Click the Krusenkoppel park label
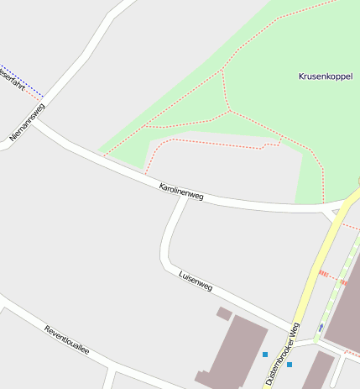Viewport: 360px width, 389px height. pos(326,76)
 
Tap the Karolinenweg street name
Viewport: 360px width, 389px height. pos(181,190)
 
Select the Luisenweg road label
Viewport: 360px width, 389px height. pos(196,281)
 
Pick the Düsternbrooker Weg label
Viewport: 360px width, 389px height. pos(282,353)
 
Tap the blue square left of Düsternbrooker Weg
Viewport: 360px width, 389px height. pos(265,355)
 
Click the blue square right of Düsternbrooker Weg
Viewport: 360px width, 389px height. pos(290,365)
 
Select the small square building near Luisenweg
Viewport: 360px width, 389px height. pos(224,313)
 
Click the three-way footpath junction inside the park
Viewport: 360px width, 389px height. pos(229,110)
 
